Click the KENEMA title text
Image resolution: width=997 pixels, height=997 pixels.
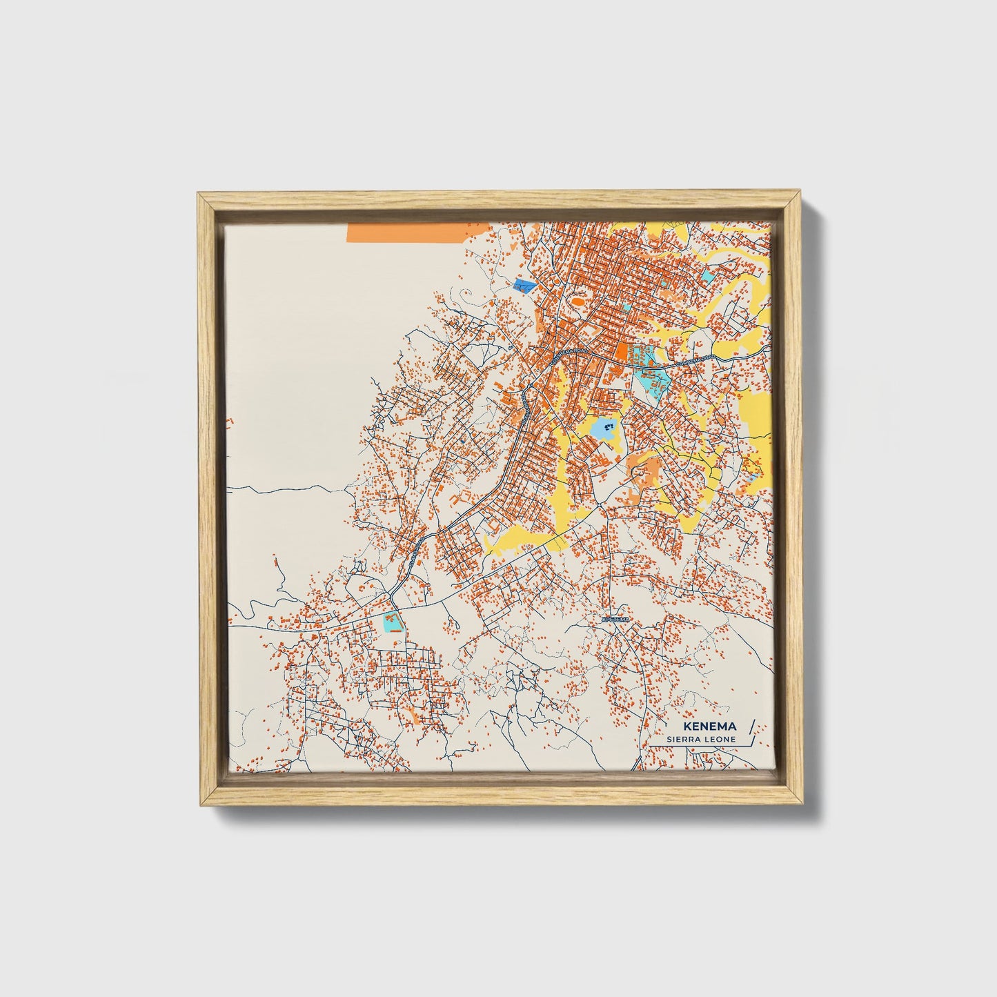(x=709, y=727)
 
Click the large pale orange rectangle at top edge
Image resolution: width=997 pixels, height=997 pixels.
(x=406, y=233)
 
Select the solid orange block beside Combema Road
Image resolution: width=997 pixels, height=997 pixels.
(x=622, y=353)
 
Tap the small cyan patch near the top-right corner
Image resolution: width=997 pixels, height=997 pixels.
(x=709, y=275)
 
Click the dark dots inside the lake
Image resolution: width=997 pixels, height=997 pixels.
(x=609, y=428)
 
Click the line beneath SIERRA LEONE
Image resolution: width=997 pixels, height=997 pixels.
(x=697, y=746)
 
